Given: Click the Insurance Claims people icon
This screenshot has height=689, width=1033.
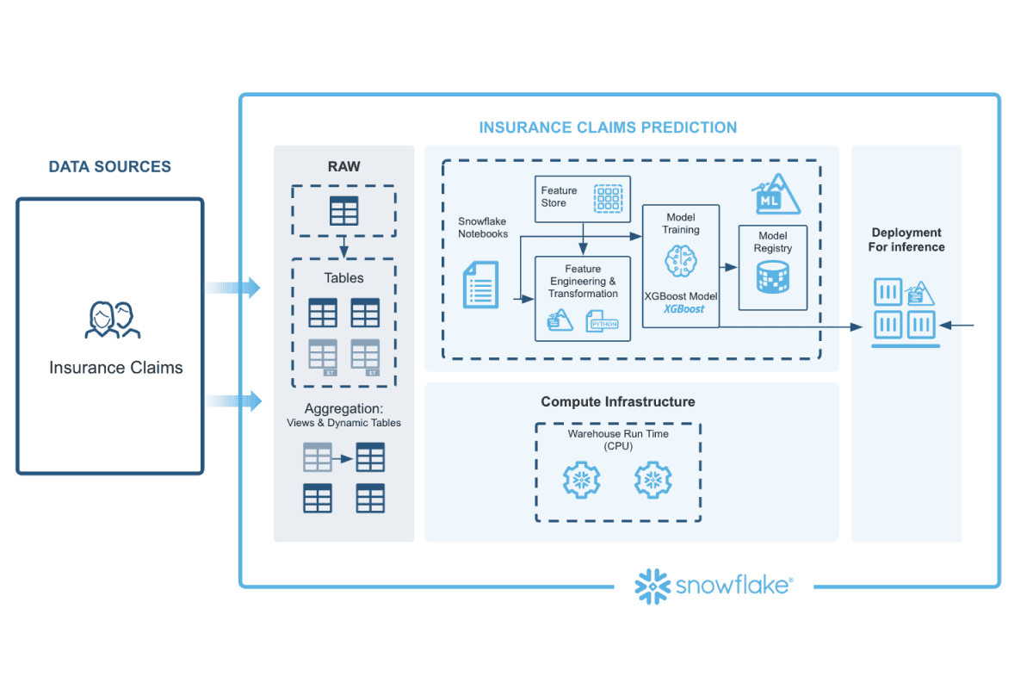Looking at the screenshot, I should point(113,320).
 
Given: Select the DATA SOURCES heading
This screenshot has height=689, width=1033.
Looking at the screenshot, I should point(109,167).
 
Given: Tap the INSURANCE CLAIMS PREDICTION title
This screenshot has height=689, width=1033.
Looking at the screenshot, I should point(608,127).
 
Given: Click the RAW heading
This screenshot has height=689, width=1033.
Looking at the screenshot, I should point(343,166).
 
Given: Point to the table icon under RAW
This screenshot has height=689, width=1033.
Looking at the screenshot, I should point(343,211).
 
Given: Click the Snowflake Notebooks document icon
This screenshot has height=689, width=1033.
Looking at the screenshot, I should point(480,286).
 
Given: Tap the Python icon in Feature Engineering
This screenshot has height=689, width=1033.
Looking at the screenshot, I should point(603,324).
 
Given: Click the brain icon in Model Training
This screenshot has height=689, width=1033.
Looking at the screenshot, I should point(679,260).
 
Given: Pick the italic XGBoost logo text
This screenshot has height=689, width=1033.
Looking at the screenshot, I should point(684,309).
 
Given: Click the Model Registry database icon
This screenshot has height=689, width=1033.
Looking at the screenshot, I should point(772,278).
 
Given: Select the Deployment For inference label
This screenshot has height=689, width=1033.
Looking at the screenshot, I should point(906,239).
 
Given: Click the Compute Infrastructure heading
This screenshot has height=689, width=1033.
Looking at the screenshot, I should point(617,401).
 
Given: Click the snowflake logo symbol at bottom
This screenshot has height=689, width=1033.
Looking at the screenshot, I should point(652,587).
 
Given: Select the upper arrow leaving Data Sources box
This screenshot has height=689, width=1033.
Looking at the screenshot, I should point(233,288).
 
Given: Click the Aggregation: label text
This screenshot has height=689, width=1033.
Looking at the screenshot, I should point(343,408).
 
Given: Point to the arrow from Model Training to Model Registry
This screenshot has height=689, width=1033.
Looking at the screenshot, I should point(728,267).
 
